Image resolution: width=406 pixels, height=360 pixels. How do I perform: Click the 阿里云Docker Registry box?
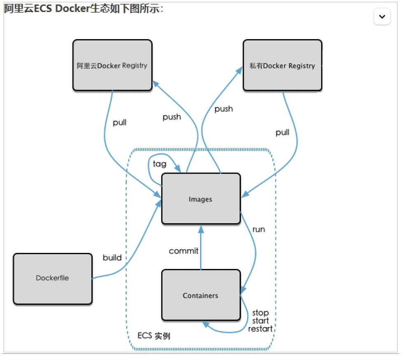pyautogui.click(x=112, y=65)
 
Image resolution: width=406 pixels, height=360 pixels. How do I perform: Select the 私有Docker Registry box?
pyautogui.click(x=282, y=65)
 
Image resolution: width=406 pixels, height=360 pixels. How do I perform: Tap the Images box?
pyautogui.click(x=201, y=199)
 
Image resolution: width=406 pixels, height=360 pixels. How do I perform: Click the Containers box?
pyautogui.click(x=201, y=295)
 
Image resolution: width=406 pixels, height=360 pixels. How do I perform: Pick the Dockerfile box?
pyautogui.click(x=52, y=278)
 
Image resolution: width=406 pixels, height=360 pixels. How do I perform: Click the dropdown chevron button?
pyautogui.click(x=382, y=17)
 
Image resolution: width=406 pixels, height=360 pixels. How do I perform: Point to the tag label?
pyautogui.click(x=160, y=164)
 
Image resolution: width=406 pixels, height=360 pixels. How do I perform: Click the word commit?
pyautogui.click(x=184, y=251)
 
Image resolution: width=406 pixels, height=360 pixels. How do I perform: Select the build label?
pyautogui.click(x=112, y=258)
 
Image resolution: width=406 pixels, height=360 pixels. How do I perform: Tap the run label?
pyautogui.click(x=259, y=229)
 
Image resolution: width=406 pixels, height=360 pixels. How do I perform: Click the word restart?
pyautogui.click(x=260, y=329)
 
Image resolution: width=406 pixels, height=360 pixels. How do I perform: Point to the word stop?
pyautogui.click(x=260, y=313)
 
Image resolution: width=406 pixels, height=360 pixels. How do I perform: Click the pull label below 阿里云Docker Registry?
pyautogui.click(x=119, y=122)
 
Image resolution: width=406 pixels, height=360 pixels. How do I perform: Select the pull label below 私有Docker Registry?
pyautogui.click(x=282, y=132)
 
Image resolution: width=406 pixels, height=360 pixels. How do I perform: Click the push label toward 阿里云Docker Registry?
pyautogui.click(x=172, y=117)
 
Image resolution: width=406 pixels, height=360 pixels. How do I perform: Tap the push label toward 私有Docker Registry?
pyautogui.click(x=224, y=109)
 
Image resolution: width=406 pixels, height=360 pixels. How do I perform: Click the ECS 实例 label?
pyautogui.click(x=154, y=336)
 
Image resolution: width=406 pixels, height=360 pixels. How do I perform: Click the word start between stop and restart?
pyautogui.click(x=260, y=321)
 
